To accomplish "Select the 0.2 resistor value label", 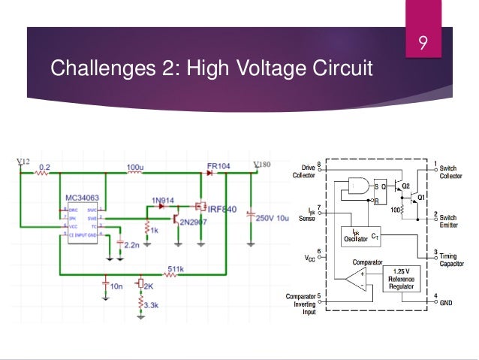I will tap(45, 165).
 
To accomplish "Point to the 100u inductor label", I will tap(135, 165).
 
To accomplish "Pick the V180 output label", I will tap(262, 165).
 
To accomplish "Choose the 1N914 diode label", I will tap(163, 200).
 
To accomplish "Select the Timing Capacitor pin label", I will tap(450, 259).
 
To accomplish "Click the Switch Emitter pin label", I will tap(448, 220).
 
